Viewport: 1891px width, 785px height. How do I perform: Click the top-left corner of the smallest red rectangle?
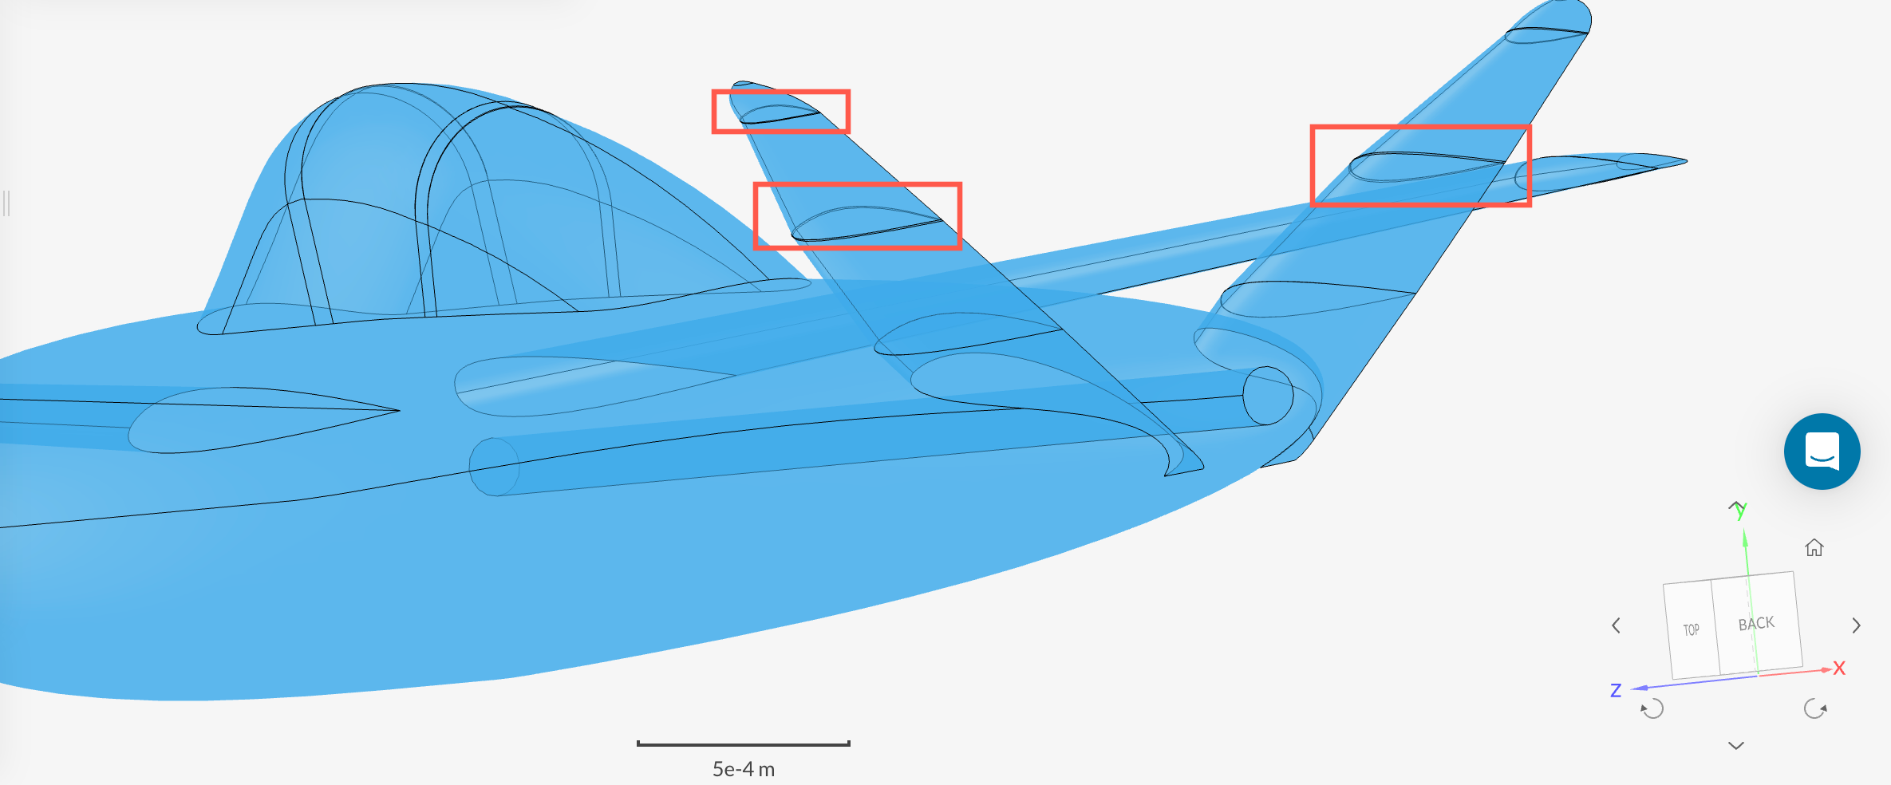pyautogui.click(x=713, y=91)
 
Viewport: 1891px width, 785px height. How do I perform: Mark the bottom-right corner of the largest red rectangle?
pyautogui.click(x=1530, y=205)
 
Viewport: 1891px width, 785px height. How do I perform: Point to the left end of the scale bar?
pyautogui.click(x=638, y=744)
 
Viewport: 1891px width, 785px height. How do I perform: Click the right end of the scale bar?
pyautogui.click(x=850, y=744)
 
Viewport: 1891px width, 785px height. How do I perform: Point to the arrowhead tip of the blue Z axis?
pyautogui.click(x=1632, y=688)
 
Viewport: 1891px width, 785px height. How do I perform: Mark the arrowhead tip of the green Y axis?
pyautogui.click(x=1745, y=530)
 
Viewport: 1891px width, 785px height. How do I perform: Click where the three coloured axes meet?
pyautogui.click(x=1759, y=676)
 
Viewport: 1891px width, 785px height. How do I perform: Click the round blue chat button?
pyautogui.click(x=1822, y=452)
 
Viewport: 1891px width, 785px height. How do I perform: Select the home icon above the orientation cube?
pyautogui.click(x=1814, y=547)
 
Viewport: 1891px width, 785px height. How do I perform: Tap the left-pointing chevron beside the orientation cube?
pyautogui.click(x=1617, y=625)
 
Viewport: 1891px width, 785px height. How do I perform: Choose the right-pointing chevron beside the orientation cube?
pyautogui.click(x=1857, y=625)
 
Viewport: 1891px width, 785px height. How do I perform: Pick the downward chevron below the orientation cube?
pyautogui.click(x=1736, y=746)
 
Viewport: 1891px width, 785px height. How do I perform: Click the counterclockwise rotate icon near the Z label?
pyautogui.click(x=1652, y=708)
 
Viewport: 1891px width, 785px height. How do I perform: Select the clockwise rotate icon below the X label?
pyautogui.click(x=1815, y=708)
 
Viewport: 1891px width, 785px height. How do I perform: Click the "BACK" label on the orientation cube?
pyautogui.click(x=1756, y=624)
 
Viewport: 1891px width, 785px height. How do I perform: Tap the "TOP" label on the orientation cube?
pyautogui.click(x=1691, y=630)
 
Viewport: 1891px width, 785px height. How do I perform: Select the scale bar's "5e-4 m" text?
pyautogui.click(x=744, y=769)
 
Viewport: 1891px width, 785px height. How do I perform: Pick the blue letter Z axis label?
pyautogui.click(x=1616, y=691)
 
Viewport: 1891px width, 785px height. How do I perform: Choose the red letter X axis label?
pyautogui.click(x=1839, y=669)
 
